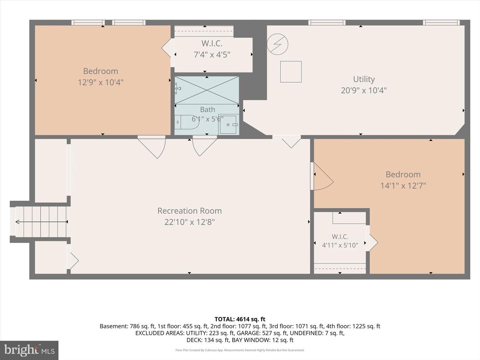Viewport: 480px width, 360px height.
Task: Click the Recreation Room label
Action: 190,211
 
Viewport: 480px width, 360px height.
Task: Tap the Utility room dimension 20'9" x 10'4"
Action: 364,90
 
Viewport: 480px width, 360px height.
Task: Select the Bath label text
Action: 208,110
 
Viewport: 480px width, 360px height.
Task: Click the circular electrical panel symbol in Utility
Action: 278,44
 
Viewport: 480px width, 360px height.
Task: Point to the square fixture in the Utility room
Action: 291,72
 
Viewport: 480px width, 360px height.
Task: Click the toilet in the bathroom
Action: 187,122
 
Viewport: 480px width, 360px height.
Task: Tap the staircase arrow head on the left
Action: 17,222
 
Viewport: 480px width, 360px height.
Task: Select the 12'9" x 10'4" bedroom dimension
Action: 101,82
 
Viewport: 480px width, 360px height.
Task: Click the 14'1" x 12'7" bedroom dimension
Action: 403,186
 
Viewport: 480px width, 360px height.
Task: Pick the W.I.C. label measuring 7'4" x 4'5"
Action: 212,43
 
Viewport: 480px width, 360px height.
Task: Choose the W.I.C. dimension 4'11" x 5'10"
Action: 340,245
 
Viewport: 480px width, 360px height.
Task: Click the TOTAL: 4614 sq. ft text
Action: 240,319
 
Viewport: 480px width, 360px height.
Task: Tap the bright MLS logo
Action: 29,350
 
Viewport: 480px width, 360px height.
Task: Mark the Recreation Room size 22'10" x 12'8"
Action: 190,222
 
